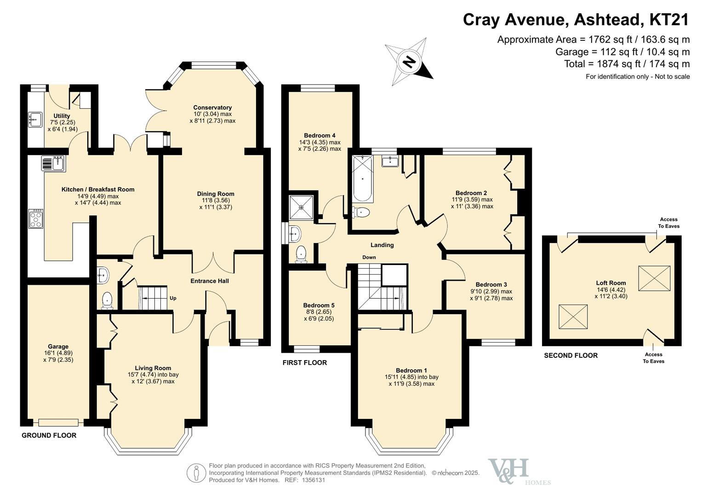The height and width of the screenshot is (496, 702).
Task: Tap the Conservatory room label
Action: (212, 107)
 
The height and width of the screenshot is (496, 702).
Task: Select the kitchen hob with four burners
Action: (36, 219)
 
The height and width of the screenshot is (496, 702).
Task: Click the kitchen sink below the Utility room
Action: (54, 163)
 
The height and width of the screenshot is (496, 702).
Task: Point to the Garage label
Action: (58, 347)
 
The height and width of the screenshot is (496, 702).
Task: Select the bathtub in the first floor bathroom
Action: (362, 179)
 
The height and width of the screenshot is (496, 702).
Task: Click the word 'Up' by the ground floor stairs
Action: (173, 298)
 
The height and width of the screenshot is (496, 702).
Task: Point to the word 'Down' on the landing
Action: (369, 257)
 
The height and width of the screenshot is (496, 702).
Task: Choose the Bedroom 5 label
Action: (319, 305)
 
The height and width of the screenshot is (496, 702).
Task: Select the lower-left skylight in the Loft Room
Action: (573, 316)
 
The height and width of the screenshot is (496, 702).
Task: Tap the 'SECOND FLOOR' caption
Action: (571, 355)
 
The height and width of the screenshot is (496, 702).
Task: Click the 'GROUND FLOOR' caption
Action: (49, 435)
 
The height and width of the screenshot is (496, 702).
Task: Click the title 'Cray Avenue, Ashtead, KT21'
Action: (576, 20)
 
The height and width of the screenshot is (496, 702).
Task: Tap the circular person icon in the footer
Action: (196, 473)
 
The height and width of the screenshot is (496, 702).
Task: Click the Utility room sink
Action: (35, 119)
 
